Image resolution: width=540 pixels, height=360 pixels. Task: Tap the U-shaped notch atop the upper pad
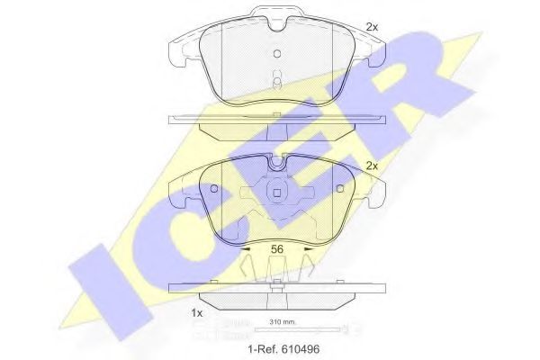(278, 20)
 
